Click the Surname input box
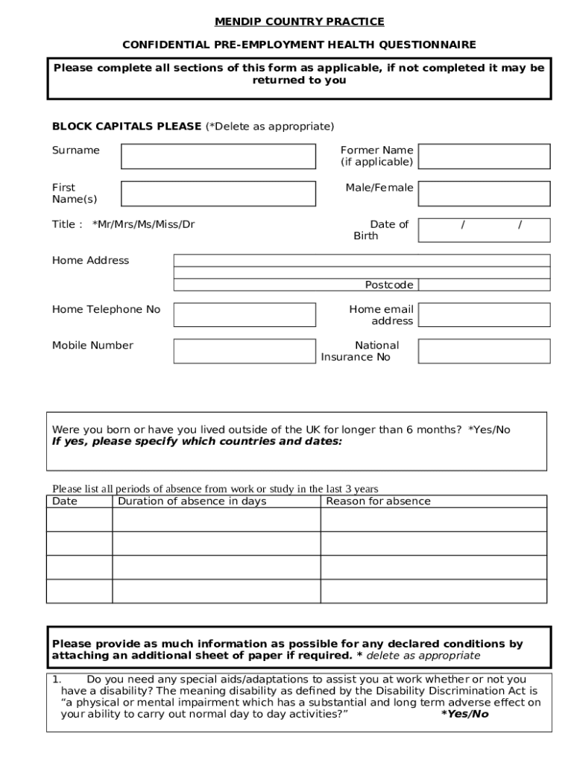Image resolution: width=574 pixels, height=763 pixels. (x=218, y=156)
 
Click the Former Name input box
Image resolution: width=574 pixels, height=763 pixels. (x=484, y=156)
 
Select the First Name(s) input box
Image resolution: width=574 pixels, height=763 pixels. (x=218, y=194)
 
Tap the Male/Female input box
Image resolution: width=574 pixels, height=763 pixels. (x=484, y=194)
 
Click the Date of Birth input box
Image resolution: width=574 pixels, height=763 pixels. (x=484, y=230)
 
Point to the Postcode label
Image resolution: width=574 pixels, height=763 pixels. (x=388, y=285)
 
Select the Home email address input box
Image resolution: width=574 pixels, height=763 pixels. (x=484, y=314)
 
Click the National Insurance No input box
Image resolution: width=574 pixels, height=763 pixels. (x=484, y=351)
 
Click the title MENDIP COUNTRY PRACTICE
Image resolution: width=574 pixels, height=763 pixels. (x=299, y=22)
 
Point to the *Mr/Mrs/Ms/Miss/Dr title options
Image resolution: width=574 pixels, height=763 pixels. (x=143, y=224)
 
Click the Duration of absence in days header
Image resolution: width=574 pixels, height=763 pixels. (x=192, y=501)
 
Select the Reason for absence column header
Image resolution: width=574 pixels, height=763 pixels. (x=378, y=501)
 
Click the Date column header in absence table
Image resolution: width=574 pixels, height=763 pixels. (x=65, y=501)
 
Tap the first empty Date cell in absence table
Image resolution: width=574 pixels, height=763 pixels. (x=79, y=520)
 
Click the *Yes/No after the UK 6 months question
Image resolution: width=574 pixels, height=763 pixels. (x=489, y=430)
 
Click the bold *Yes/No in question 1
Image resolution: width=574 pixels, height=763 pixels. (x=464, y=714)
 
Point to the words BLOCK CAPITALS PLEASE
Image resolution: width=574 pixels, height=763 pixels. (x=126, y=126)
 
